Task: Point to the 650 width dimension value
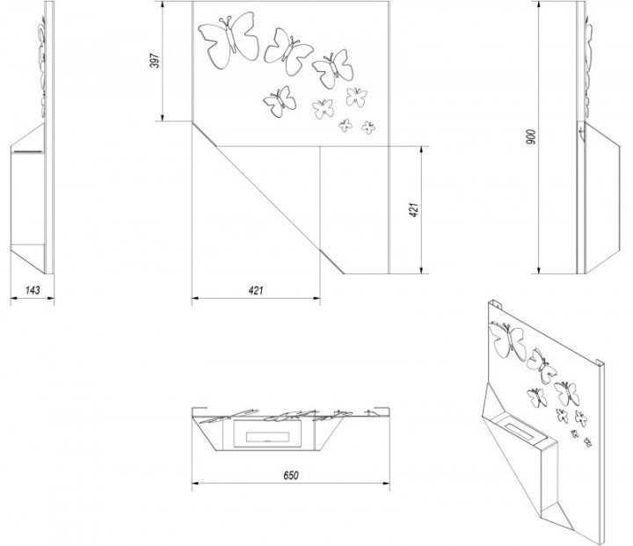[291, 474]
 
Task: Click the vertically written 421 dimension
[414, 209]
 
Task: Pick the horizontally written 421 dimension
[256, 289]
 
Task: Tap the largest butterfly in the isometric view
[508, 341]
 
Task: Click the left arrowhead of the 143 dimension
[12, 299]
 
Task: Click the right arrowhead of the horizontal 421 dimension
[317, 299]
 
